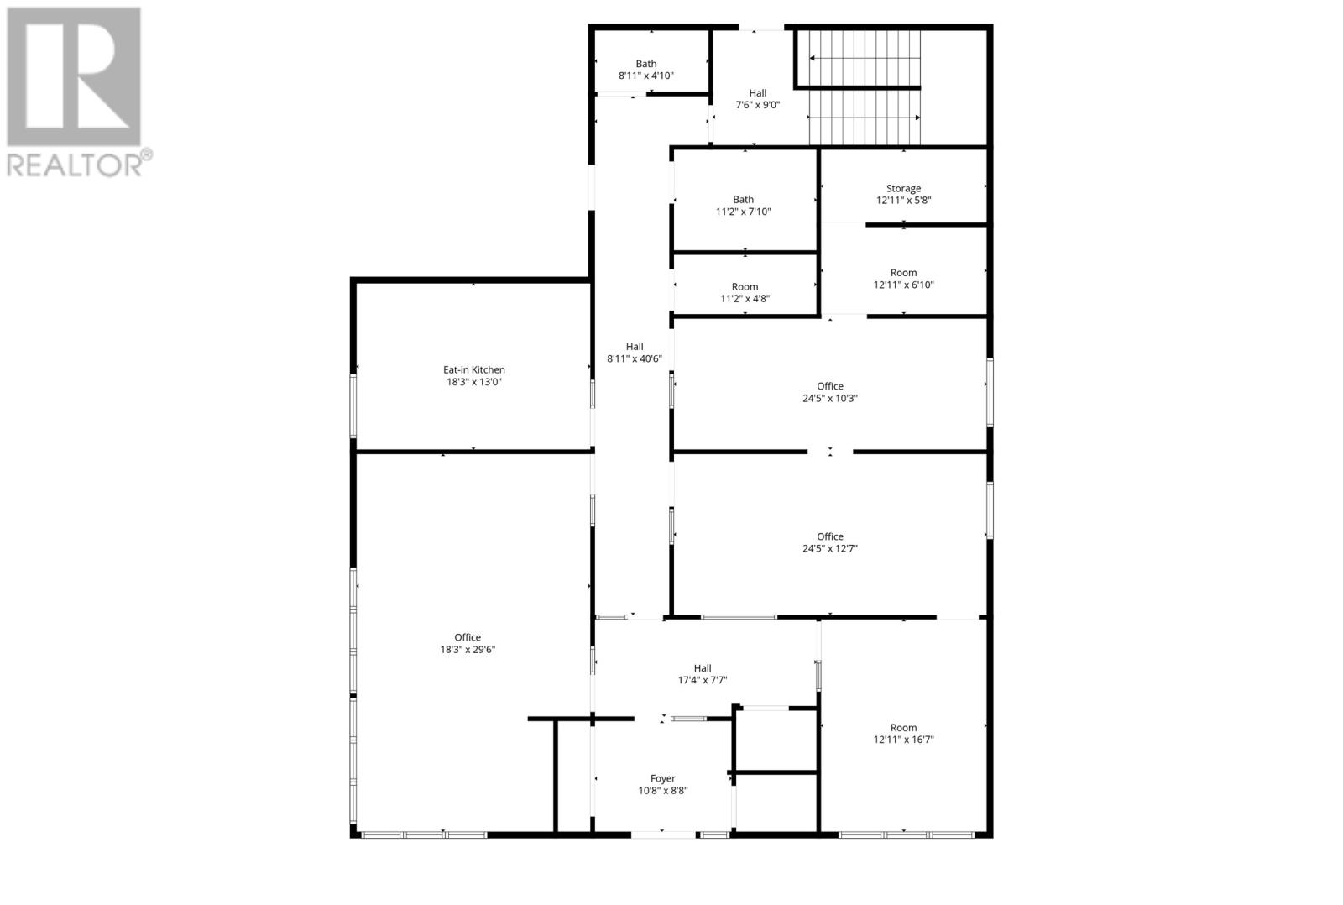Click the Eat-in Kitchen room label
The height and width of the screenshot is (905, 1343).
[474, 369]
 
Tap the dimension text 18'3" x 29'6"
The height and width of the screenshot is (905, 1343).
[468, 649]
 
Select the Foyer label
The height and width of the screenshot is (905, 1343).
[662, 778]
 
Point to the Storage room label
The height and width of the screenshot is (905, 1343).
[903, 189]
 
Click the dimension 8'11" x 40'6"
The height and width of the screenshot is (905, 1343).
[635, 358]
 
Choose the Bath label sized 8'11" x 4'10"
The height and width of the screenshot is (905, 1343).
[646, 64]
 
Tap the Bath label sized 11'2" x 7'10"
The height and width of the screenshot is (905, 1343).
[743, 200]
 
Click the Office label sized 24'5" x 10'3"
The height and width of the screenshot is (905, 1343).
[830, 386]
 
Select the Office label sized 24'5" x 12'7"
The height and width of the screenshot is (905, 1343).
[830, 536]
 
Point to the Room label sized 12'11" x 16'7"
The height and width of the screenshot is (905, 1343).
[903, 728]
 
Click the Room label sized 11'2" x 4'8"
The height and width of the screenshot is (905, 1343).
[745, 287]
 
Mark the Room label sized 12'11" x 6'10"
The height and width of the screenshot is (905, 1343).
[903, 273]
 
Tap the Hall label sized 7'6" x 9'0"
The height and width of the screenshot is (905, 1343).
[758, 93]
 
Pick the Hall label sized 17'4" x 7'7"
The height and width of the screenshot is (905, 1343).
[703, 668]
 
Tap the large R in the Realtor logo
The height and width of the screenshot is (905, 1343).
[74, 77]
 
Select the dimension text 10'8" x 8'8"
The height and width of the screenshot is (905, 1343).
[662, 790]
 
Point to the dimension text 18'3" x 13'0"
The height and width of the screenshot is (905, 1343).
[474, 382]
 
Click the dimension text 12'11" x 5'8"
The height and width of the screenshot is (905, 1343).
[903, 201]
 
